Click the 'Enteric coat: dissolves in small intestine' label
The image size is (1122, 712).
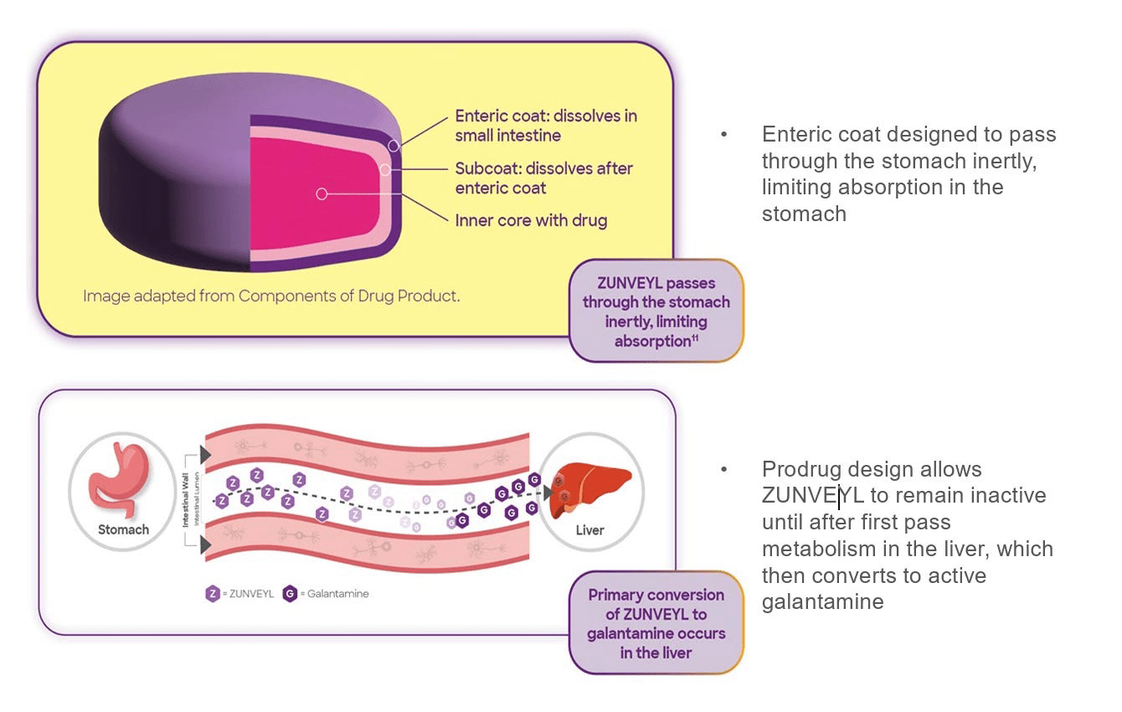(545, 125)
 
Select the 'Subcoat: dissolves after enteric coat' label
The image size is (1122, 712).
(543, 178)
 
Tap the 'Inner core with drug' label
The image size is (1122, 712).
(531, 221)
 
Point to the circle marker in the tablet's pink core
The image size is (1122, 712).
(321, 193)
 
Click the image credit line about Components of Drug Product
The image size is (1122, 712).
(271, 296)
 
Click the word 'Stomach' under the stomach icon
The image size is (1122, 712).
(123, 529)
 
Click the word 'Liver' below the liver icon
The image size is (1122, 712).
(589, 530)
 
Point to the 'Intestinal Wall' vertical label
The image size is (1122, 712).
(186, 500)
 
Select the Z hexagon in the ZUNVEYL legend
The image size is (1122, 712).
(213, 594)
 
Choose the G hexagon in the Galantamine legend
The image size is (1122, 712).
(290, 594)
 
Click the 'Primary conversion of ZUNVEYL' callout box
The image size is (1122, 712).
(656, 623)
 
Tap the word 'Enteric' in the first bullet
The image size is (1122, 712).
(795, 134)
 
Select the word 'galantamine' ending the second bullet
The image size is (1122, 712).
(822, 601)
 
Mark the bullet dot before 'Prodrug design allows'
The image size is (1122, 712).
(724, 469)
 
